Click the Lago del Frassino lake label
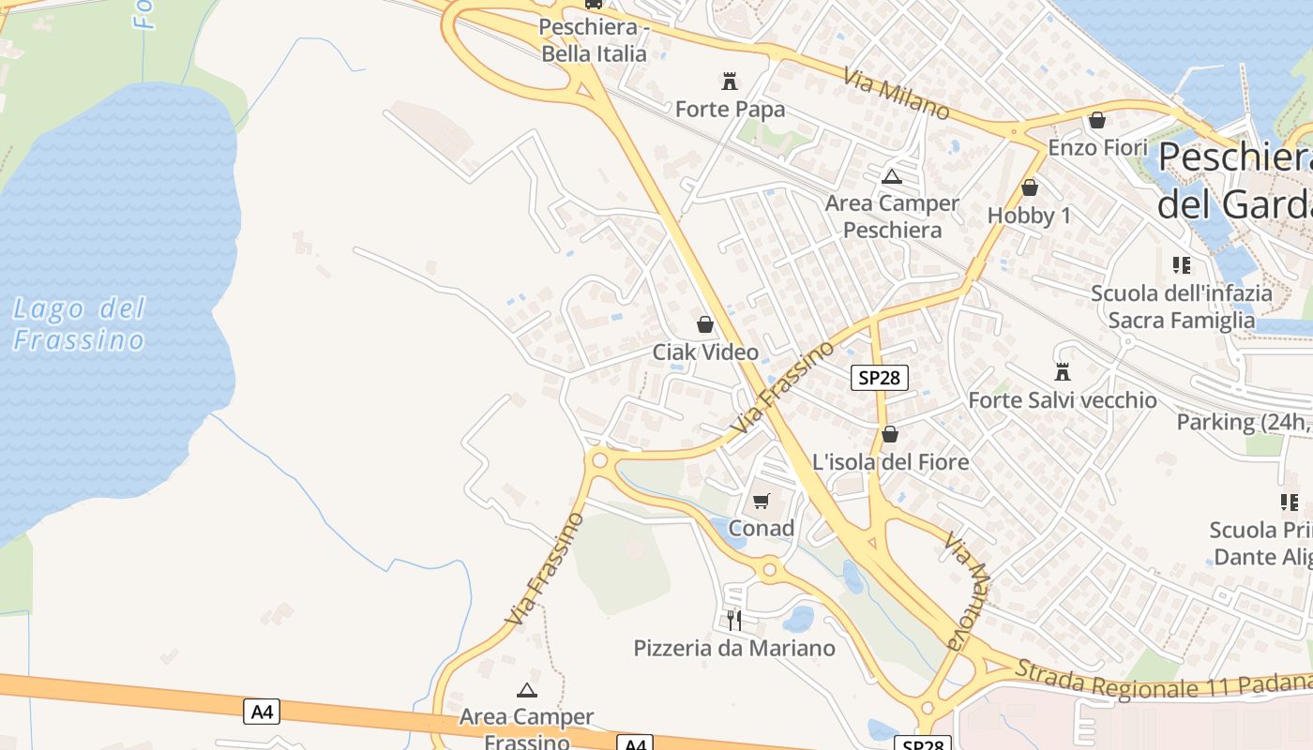80,323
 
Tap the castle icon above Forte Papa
730,81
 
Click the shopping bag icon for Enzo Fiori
1097,120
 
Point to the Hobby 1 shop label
1029,216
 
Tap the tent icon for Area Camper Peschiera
891,176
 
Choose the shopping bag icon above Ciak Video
705,324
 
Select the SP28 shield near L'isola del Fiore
880,378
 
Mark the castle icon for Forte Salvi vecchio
1063,372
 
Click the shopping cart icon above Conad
762,501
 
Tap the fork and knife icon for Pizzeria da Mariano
734,620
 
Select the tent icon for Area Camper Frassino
527,691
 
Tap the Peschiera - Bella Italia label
594,40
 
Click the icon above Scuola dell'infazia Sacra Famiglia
1182,265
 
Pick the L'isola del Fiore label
890,462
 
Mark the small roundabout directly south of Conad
770,568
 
